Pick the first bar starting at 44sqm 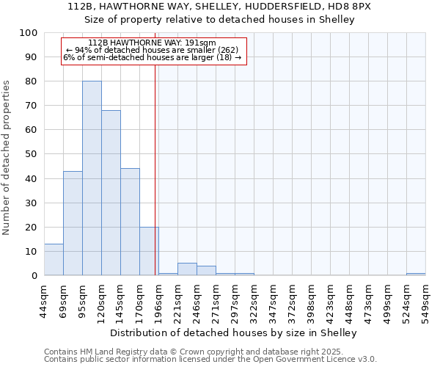(x=54, y=260)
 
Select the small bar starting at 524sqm (x=416, y=274)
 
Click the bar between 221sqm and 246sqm (x=187, y=269)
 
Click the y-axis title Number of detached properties (x=7, y=158)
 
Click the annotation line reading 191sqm (x=152, y=43)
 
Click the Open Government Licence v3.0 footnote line (x=210, y=360)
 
